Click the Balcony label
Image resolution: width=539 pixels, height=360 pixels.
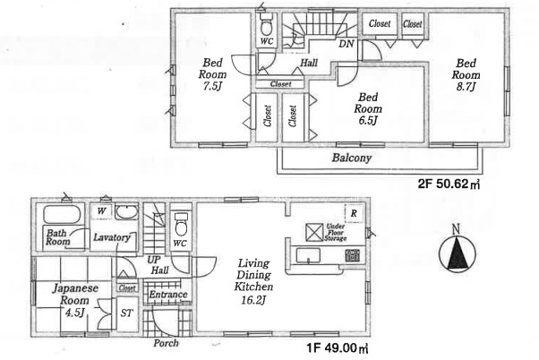coord(352,159)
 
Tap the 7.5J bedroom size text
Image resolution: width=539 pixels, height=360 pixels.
coord(212,86)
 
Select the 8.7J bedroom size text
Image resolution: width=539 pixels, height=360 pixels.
coord(466,86)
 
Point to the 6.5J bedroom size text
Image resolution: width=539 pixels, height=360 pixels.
coord(368,120)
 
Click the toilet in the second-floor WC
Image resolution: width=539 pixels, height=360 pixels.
coord(267,24)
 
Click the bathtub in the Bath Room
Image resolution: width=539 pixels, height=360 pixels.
coord(62,214)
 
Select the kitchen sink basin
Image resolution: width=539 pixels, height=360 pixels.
coord(308,255)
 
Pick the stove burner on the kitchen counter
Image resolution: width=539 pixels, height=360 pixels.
coord(353,255)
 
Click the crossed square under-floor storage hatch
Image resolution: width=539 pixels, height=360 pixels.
coord(314,233)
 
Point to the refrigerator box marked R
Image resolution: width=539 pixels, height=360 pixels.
coord(354,213)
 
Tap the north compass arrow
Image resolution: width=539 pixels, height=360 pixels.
coord(458,252)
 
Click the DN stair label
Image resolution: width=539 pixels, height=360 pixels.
coord(346,44)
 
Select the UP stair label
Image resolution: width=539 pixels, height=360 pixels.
coord(154,260)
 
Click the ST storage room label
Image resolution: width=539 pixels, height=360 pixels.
coord(126,313)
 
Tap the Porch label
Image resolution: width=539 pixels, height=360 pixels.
coord(166,343)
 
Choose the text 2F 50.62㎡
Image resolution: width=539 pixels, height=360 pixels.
coord(449,184)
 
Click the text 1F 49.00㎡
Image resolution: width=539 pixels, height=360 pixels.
coord(338,348)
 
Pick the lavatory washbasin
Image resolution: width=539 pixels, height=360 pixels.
coord(126,212)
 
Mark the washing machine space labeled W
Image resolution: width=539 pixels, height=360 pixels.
coord(101,210)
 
